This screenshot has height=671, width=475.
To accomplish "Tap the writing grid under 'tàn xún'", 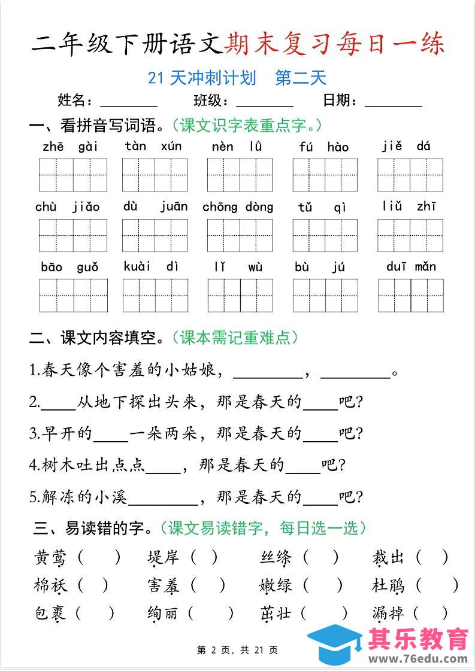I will pyautogui.click(x=155, y=175).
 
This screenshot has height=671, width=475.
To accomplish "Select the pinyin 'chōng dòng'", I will pyautogui.click(x=238, y=207).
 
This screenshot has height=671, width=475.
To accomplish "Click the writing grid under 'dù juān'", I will pyautogui.click(x=155, y=235).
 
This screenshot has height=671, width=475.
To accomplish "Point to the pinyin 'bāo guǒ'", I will pyautogui.click(x=69, y=267).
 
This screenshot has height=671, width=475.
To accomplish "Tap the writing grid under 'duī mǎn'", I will pyautogui.click(x=410, y=296).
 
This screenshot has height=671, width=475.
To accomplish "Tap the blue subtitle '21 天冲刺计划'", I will pyautogui.click(x=202, y=78).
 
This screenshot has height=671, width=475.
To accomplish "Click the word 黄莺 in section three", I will pyautogui.click(x=50, y=558).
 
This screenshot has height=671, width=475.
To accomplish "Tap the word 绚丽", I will pyautogui.click(x=164, y=613).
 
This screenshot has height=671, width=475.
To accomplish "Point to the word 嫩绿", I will pyautogui.click(x=276, y=585).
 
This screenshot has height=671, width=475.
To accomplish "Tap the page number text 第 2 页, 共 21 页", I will pyautogui.click(x=237, y=650).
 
